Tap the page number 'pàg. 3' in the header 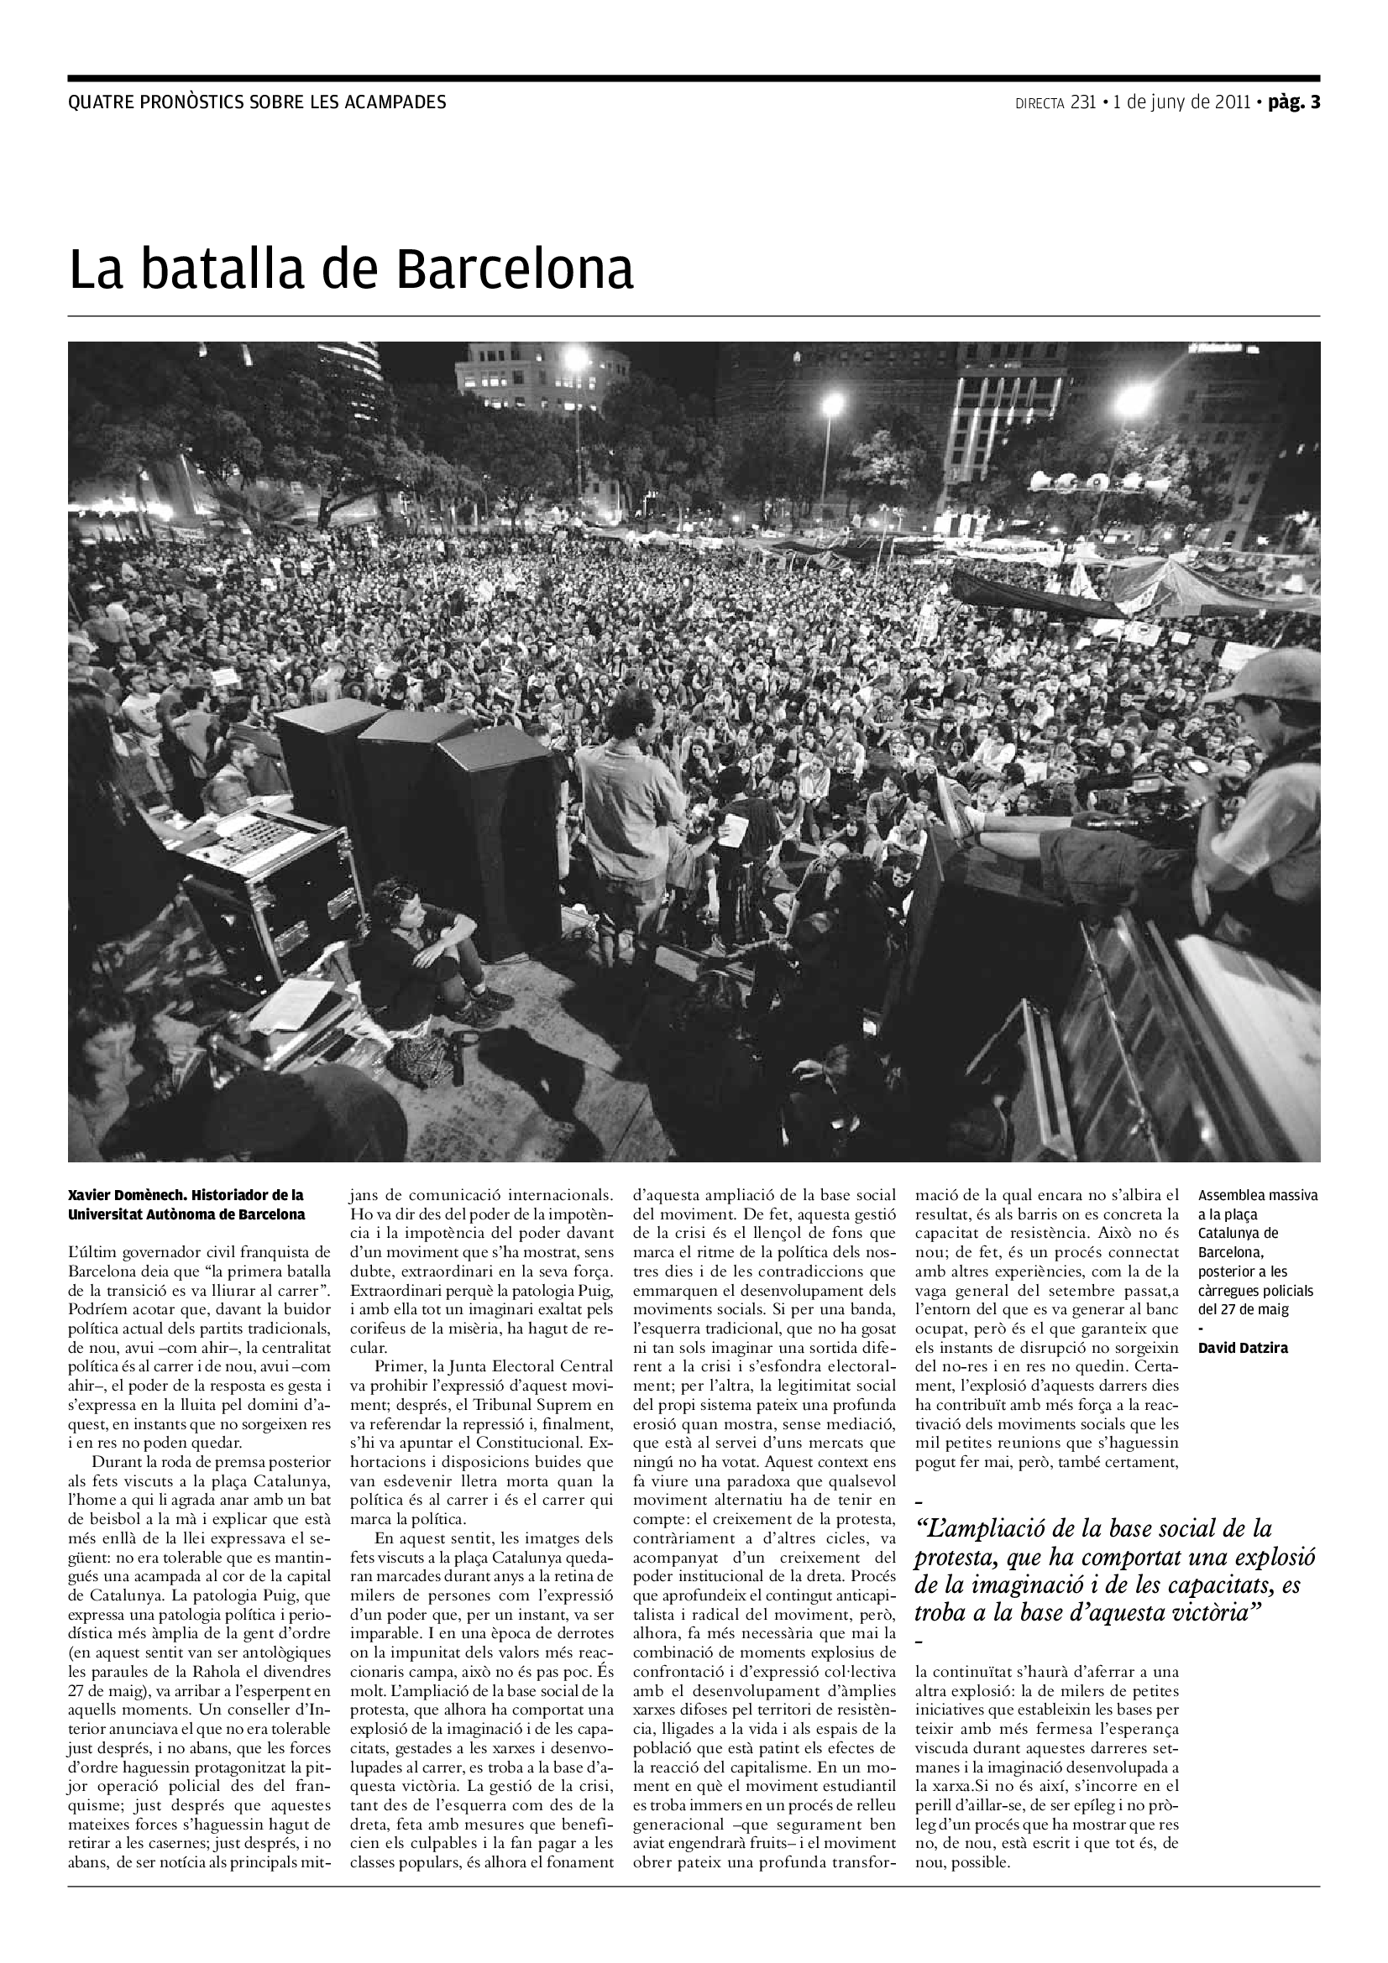tap(1294, 102)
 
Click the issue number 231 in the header tap(1082, 102)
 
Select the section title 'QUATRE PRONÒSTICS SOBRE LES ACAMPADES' tap(257, 102)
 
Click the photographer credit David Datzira tap(1243, 1349)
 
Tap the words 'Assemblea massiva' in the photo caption tap(1258, 1195)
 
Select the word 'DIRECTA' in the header tap(1039, 104)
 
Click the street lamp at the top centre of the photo tap(576, 358)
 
